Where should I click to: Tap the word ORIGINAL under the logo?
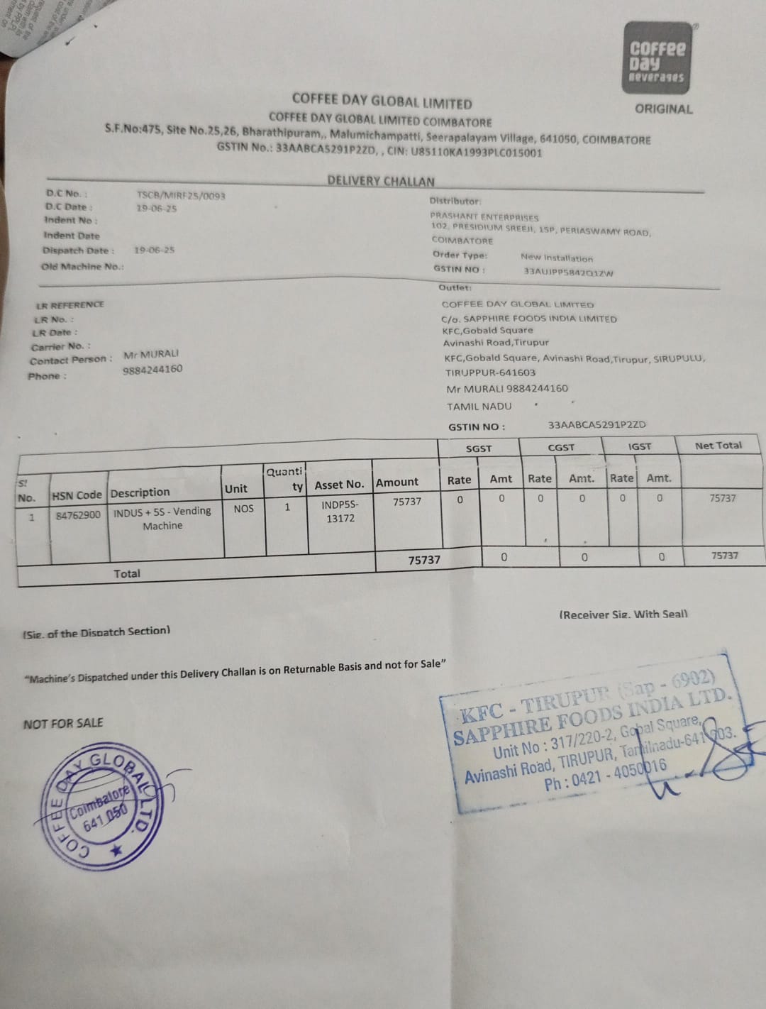(x=663, y=109)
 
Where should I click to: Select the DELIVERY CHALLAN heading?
(x=381, y=181)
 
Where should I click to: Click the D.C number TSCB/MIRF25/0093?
(x=181, y=195)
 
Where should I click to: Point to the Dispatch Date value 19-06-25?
(x=154, y=250)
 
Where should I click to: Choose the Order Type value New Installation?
(x=556, y=258)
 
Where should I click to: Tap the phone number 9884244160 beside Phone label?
(x=152, y=369)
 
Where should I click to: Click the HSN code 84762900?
(x=78, y=514)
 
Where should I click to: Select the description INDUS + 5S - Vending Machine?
(x=162, y=518)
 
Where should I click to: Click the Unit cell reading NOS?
(x=243, y=508)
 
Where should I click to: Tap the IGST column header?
(x=639, y=446)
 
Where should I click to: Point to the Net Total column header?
(x=718, y=446)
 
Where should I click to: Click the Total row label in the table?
(x=127, y=573)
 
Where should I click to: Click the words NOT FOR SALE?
(x=63, y=723)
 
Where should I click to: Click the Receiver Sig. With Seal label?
(x=623, y=614)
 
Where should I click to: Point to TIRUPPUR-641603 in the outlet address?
(x=490, y=373)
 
